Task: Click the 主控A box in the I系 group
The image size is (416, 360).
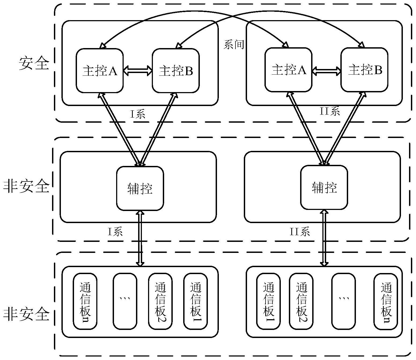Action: [x=100, y=71]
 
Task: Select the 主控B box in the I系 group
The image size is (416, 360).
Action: [x=176, y=71]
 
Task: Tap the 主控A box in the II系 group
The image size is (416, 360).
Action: [x=288, y=70]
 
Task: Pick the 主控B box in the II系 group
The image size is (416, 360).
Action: [x=365, y=70]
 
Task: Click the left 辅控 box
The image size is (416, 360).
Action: [x=140, y=188]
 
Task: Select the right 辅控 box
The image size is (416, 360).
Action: [x=324, y=187]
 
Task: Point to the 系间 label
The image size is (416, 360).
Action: [x=234, y=45]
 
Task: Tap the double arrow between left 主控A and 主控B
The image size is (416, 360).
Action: [x=138, y=71]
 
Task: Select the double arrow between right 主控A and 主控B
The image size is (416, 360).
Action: [x=326, y=71]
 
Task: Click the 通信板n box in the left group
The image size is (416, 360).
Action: [x=85, y=301]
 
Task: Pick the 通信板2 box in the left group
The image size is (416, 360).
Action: [x=160, y=301]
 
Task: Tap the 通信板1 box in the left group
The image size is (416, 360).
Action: [x=195, y=301]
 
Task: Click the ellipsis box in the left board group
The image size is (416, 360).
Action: [x=125, y=301]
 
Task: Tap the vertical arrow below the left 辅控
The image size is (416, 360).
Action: [x=140, y=238]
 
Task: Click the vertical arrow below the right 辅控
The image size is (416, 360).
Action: [x=324, y=238]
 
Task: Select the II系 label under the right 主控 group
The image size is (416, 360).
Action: [x=330, y=111]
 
